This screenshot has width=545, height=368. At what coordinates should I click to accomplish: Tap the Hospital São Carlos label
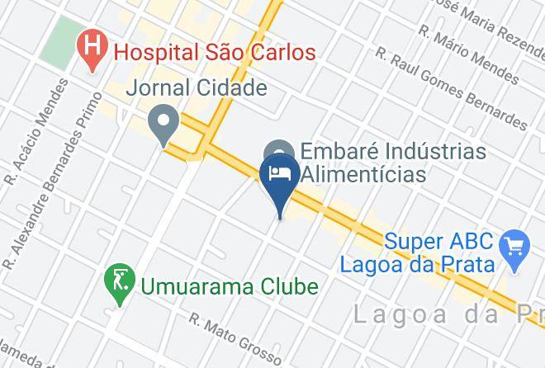coord(215,53)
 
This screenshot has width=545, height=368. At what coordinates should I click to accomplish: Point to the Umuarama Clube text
coord(230,287)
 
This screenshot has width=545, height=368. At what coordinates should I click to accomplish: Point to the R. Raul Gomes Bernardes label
coord(451,89)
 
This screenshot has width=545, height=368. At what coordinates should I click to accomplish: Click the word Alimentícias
coord(363,175)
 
